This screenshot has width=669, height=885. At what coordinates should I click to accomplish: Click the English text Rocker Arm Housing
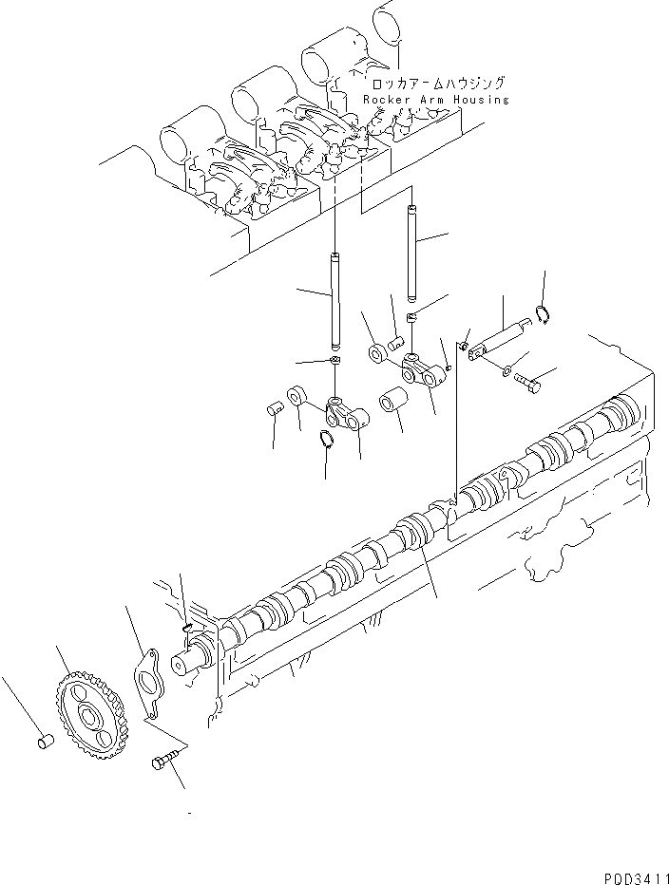tap(436, 100)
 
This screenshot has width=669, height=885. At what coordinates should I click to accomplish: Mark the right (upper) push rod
tap(411, 254)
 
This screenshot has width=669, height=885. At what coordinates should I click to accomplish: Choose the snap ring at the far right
tap(543, 316)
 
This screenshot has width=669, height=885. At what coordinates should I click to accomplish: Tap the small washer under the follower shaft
tap(506, 368)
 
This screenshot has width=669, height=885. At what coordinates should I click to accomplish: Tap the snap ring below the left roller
tap(326, 439)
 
